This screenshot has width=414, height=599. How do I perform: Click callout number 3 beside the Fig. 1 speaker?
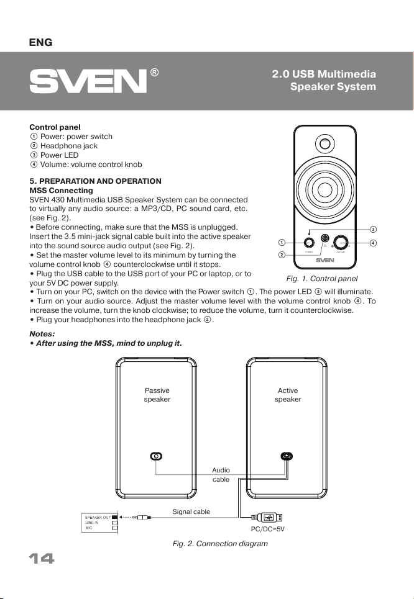374,230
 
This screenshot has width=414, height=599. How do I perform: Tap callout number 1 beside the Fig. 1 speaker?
282,242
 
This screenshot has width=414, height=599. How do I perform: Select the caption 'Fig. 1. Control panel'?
321,279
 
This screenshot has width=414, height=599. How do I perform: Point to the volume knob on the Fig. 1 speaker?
342,243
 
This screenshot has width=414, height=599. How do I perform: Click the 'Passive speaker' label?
157,395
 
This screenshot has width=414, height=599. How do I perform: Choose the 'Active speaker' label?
288,395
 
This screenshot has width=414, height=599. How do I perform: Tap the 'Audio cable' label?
221,475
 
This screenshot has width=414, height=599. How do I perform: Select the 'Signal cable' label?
191,511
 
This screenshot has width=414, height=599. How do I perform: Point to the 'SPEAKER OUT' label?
98,517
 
